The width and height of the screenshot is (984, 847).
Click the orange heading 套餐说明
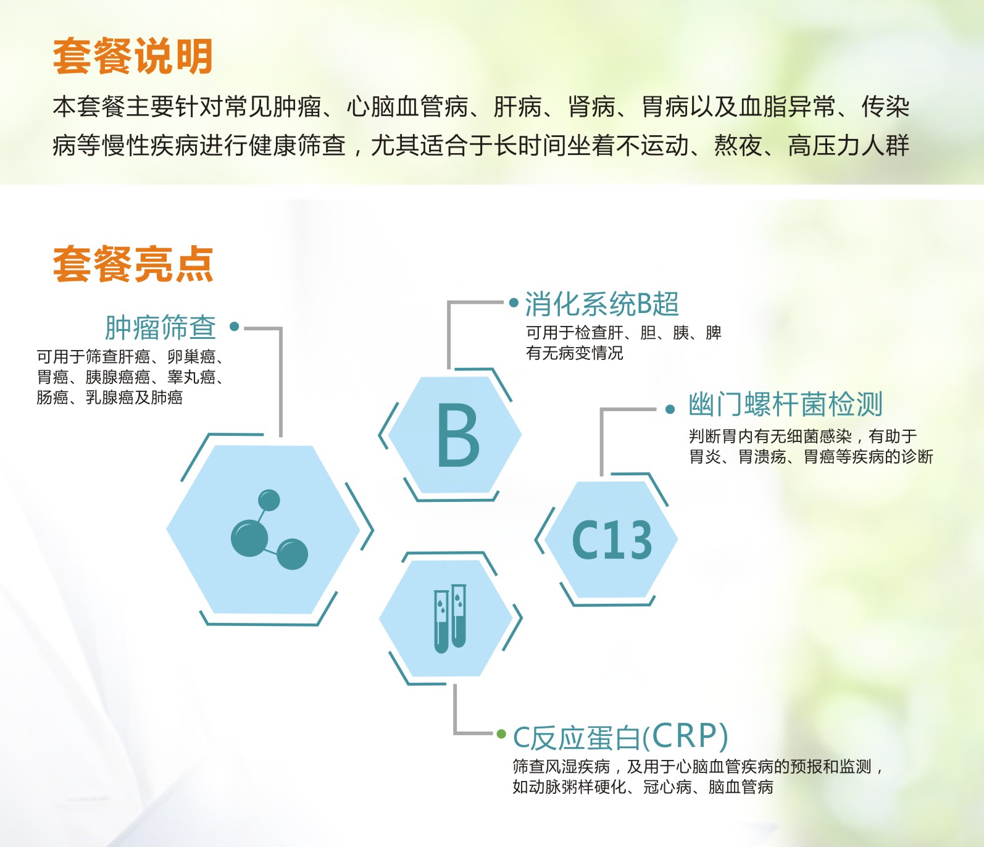[x=133, y=56]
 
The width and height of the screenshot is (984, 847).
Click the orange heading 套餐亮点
[x=133, y=264]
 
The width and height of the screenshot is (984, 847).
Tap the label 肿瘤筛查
[x=161, y=327]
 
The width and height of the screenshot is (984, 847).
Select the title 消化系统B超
[x=602, y=304]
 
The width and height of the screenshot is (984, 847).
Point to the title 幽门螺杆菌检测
[x=785, y=404]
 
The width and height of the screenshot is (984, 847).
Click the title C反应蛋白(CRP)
[x=620, y=736]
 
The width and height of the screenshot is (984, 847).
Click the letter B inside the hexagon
[x=457, y=435]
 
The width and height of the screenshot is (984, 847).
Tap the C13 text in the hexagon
[x=611, y=540]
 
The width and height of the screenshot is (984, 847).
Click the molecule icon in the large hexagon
[x=268, y=530]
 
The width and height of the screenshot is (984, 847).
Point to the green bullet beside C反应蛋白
[x=501, y=734]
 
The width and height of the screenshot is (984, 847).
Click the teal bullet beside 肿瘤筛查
[x=234, y=327]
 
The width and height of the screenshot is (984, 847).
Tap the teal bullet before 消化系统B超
[x=514, y=302]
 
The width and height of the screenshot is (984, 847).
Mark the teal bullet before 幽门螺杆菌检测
[x=670, y=409]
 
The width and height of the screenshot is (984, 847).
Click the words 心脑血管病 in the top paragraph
[x=407, y=107]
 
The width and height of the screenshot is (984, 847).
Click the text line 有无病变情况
[x=574, y=353]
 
